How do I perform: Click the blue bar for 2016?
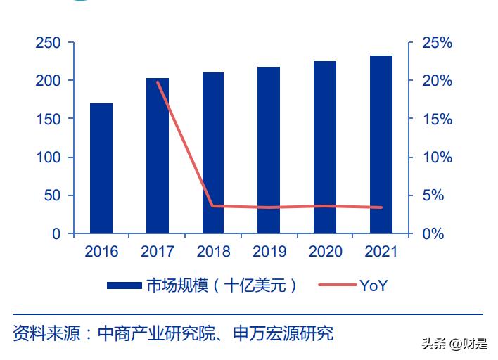point(101,168)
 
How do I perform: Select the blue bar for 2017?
point(158,155)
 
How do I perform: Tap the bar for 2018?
point(213,153)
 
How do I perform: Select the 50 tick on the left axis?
point(52,195)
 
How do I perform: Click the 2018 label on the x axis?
point(213,252)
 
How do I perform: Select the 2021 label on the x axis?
point(381,252)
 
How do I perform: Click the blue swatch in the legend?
point(124,285)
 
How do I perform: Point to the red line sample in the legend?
point(337,285)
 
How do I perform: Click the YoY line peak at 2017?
point(158,82)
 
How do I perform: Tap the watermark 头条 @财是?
point(454,344)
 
